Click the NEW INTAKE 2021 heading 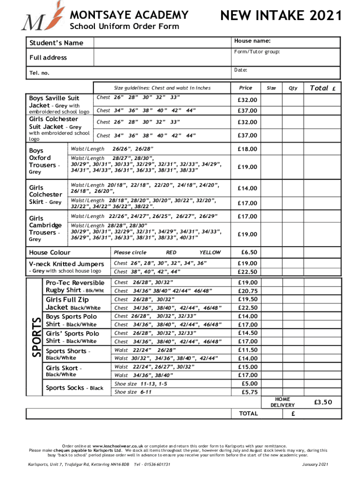(281, 16)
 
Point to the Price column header (245, 87)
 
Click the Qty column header (293, 87)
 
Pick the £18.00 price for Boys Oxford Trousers (246, 149)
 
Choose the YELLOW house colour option (210, 252)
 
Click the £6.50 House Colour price (247, 252)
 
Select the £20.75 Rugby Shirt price (247, 290)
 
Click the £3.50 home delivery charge (323, 402)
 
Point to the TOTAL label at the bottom (248, 414)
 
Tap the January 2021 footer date (316, 464)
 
